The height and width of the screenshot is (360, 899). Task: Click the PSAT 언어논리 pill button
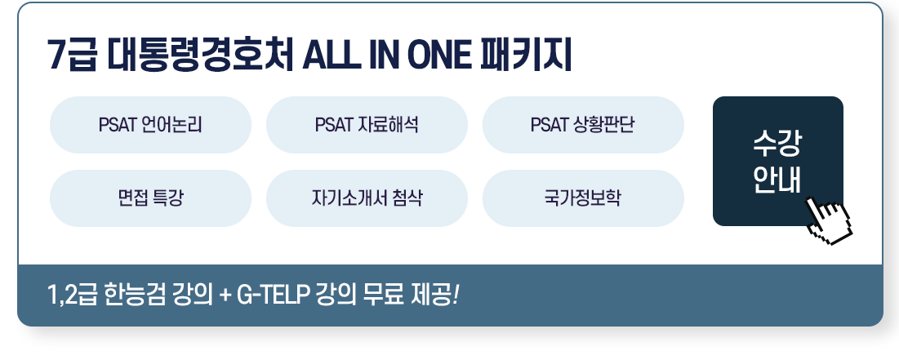tap(150, 125)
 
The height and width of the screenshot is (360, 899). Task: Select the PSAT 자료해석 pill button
tap(367, 125)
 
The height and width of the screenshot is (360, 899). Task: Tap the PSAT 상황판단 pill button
tap(583, 125)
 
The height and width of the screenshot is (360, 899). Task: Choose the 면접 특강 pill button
tap(150, 198)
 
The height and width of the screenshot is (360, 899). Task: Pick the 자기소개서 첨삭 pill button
tap(367, 198)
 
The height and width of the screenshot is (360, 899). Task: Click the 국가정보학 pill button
tap(583, 198)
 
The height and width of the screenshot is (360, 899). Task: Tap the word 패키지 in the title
tap(531, 57)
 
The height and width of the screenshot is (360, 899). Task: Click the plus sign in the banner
tap(223, 295)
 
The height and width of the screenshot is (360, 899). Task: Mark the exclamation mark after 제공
tap(456, 294)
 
